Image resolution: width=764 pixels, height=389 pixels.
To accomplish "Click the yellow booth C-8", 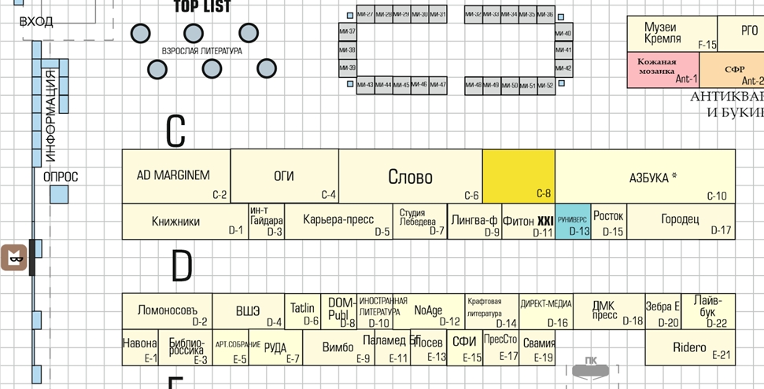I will (x=519, y=176).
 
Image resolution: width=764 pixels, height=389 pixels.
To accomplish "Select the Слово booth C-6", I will (x=410, y=176).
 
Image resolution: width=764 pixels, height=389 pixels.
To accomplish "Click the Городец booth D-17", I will (x=681, y=221).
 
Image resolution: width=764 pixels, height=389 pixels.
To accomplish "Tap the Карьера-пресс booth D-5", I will (x=338, y=221).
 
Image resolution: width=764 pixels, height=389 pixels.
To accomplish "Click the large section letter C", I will (x=175, y=130).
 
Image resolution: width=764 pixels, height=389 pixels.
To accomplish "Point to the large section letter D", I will (x=181, y=268).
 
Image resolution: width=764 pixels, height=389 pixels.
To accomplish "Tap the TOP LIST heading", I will (x=202, y=7).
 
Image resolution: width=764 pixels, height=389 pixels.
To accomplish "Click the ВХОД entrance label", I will (x=36, y=21).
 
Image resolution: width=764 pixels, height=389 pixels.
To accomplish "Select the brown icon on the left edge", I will (x=14, y=258).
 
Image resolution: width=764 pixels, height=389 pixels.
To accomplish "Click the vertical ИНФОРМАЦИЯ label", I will (x=50, y=115).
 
